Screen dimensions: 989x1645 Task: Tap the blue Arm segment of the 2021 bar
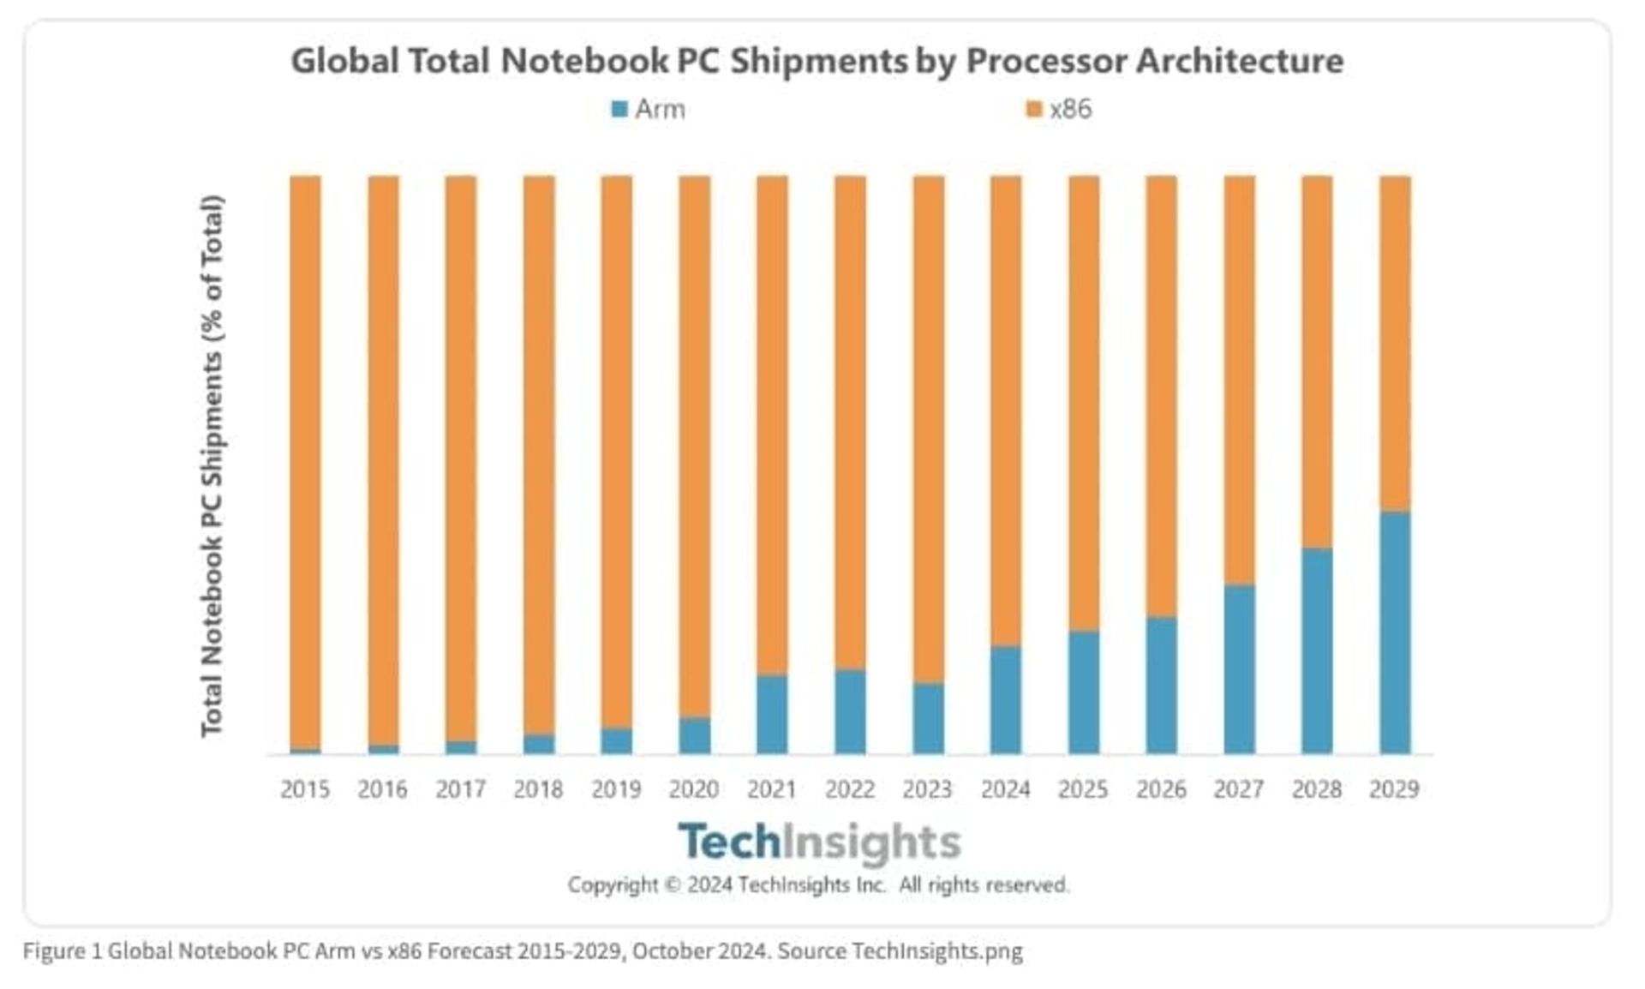[x=772, y=714]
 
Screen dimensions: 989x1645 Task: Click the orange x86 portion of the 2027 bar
[x=1239, y=381]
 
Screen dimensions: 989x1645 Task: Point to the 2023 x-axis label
[x=927, y=788]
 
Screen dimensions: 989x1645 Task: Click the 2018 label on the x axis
[x=538, y=788]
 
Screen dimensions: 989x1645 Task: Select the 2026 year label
[x=1161, y=788]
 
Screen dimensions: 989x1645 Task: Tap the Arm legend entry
[x=649, y=110]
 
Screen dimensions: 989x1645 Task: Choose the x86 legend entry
[x=1061, y=110]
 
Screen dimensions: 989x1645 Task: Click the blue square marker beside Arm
[x=619, y=110]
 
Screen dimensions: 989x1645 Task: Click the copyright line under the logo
[x=818, y=884]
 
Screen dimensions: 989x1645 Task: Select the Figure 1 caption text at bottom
[x=523, y=951]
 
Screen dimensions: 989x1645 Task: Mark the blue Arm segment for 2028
[x=1317, y=650]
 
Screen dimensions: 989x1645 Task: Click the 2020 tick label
[x=694, y=788]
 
